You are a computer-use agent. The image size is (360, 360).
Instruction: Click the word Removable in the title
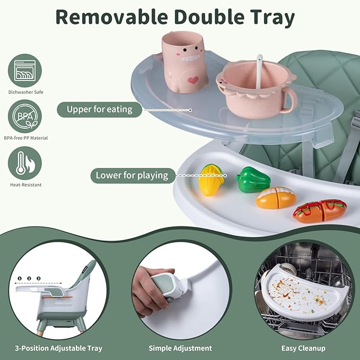pos(111,17)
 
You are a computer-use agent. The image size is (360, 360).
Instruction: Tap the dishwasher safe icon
pos(25,71)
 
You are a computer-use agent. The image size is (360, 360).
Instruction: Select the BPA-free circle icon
pos(25,117)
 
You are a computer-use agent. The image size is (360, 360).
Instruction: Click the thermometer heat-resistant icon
pos(25,163)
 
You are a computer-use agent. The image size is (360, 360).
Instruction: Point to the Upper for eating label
pos(100,110)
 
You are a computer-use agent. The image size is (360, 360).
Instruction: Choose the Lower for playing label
pos(132,175)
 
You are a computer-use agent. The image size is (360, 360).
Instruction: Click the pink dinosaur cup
pos(185,62)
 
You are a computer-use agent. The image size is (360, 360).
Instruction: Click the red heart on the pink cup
pos(193,80)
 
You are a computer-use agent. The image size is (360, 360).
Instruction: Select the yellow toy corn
pos(211,180)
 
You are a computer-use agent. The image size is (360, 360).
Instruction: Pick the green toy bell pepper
pos(253,180)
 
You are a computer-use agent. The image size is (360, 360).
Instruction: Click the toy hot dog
pos(320,211)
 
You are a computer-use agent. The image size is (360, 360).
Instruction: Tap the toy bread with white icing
pos(276,198)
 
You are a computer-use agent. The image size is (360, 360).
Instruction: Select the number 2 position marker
pos(29,278)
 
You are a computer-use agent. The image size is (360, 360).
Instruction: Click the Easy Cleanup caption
pos(303,348)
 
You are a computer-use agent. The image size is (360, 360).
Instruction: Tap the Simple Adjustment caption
pos(180,348)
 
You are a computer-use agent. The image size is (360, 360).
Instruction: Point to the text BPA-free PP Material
pos(25,138)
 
